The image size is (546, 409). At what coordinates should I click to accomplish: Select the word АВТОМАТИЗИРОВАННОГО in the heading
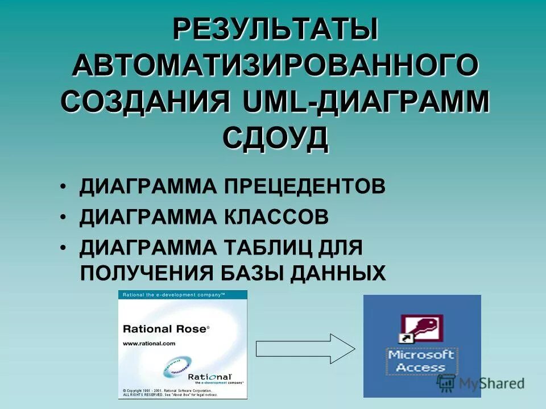point(275,67)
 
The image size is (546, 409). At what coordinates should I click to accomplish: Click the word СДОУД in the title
point(275,138)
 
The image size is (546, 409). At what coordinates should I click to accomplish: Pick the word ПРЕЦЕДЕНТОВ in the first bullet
point(303,187)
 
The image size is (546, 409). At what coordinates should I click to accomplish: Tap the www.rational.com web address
point(149,343)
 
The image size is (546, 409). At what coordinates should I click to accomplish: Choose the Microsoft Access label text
point(421,361)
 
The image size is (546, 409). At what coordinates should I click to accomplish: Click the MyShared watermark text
point(491,383)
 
